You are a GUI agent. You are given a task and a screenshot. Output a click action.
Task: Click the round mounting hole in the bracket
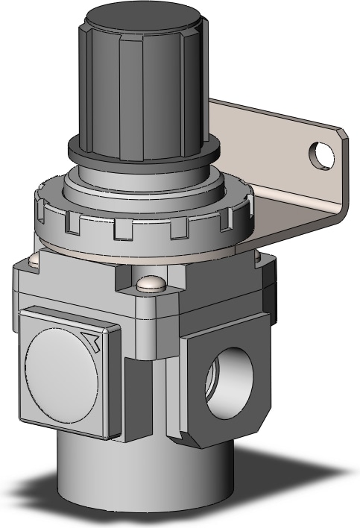[x=323, y=154]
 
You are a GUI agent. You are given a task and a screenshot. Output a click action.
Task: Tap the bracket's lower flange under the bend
[x=298, y=224]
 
